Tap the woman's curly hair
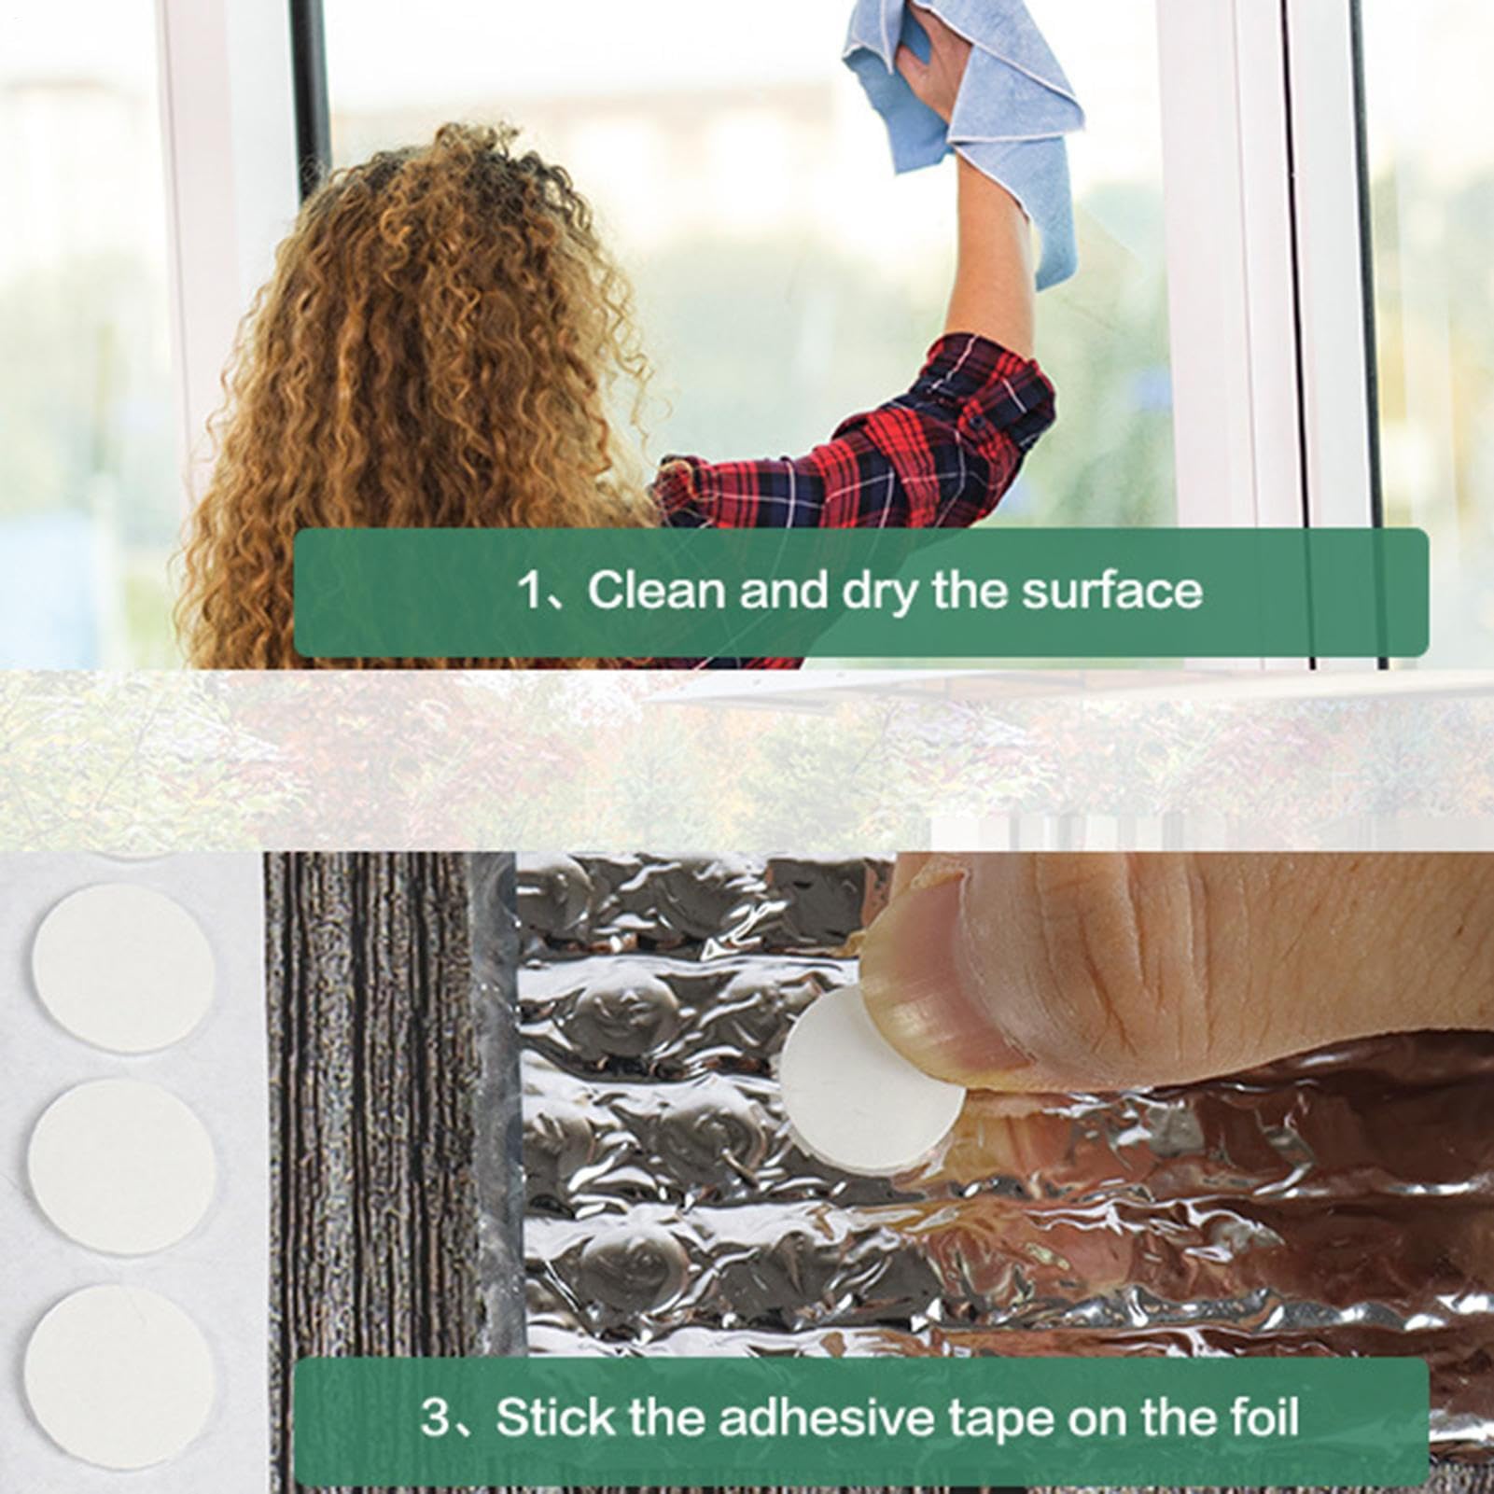pyautogui.click(x=411, y=392)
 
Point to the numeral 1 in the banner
pyautogui.click(x=529, y=591)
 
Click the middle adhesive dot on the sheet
pyautogui.click(x=121, y=1167)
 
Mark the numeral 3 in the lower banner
pyautogui.click(x=435, y=1417)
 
